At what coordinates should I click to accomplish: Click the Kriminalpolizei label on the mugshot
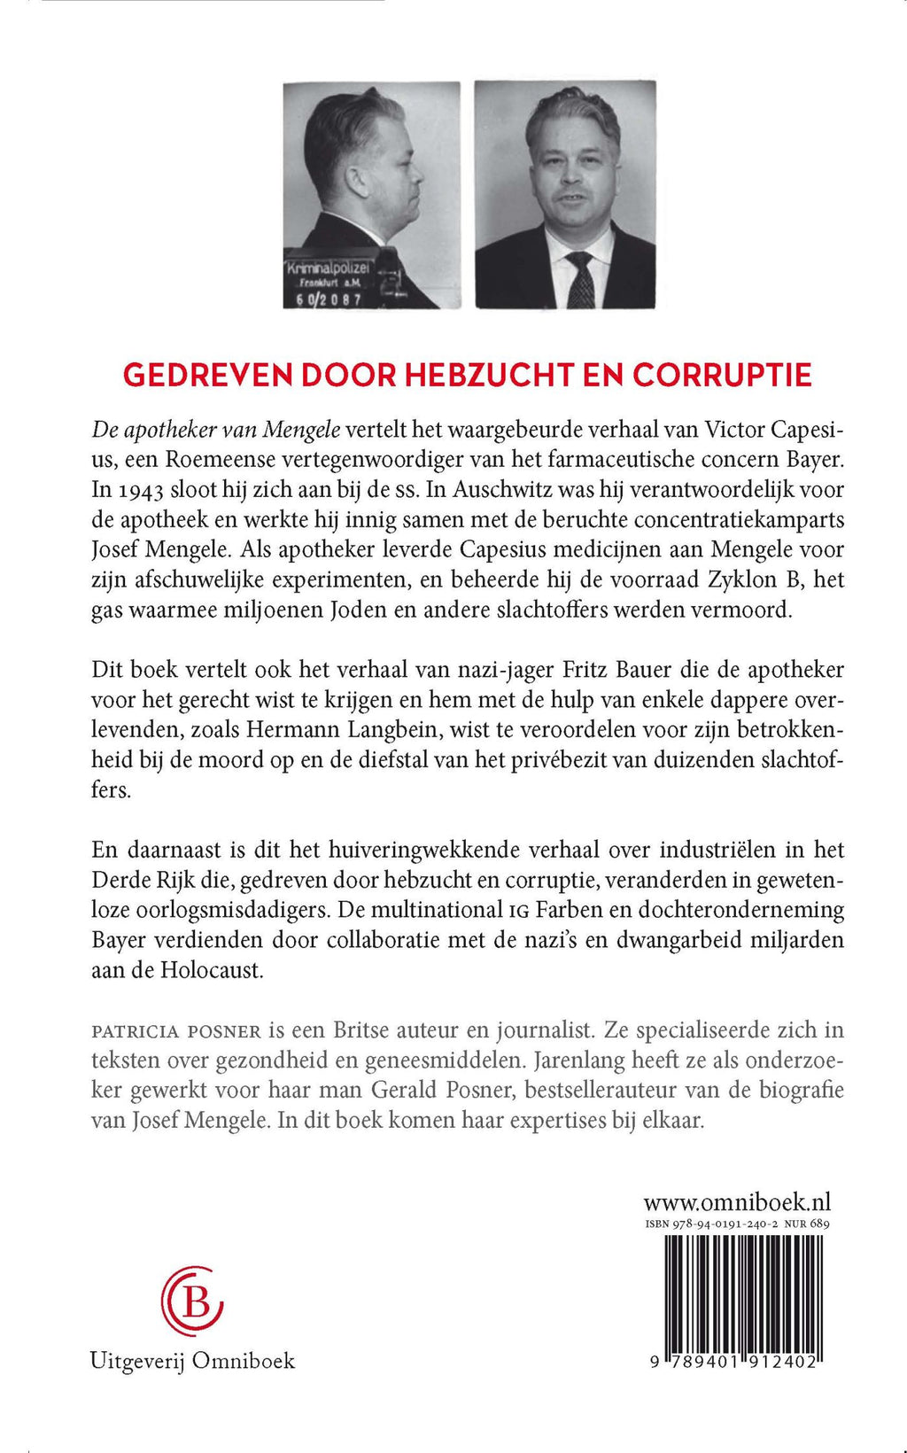coord(329,268)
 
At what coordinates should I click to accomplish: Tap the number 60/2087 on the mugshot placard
coord(329,299)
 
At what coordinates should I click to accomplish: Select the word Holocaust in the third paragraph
coord(212,970)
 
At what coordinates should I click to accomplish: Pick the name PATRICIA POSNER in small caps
coord(176,1031)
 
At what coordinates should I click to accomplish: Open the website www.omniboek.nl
coord(737,1202)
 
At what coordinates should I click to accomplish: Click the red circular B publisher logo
coord(192,1301)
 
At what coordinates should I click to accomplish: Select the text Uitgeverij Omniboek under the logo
coord(192,1361)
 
